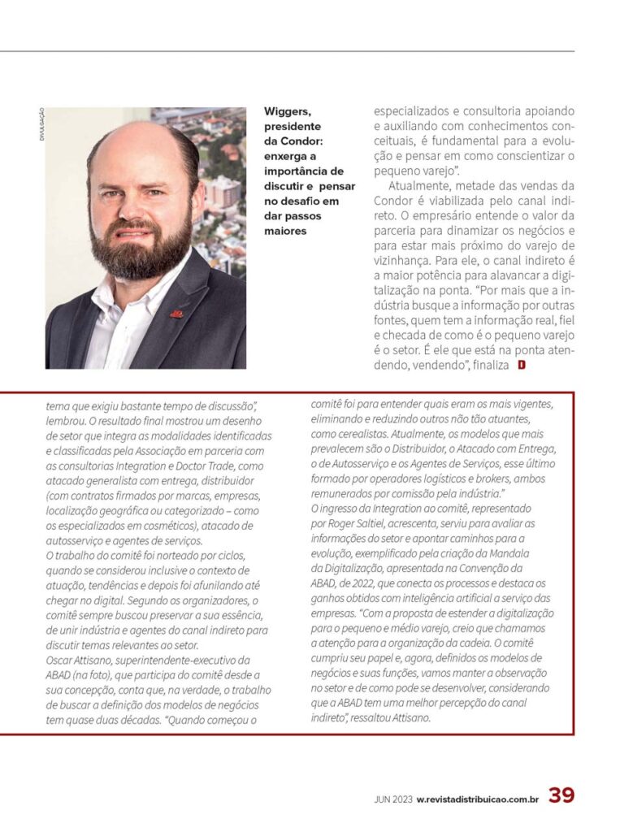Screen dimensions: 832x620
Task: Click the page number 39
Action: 561,796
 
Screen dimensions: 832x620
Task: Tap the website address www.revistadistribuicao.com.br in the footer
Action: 479,799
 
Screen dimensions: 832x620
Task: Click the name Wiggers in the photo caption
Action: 287,112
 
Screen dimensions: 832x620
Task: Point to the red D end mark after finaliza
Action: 522,366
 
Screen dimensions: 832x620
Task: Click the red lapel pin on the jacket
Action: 176,313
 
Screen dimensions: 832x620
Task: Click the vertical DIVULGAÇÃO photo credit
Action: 41,125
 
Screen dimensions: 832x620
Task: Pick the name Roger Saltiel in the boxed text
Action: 357,524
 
